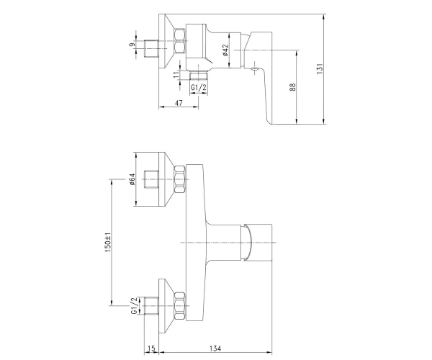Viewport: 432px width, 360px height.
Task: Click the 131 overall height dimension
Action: (x=319, y=68)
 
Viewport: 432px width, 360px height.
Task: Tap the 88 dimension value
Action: (x=292, y=87)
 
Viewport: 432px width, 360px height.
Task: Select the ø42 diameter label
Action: (x=226, y=50)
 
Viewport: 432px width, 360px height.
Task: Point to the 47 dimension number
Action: (x=179, y=103)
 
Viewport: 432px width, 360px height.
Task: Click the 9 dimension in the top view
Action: (x=132, y=45)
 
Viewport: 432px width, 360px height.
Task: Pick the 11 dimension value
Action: (x=176, y=74)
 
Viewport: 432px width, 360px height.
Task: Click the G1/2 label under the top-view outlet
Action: (x=199, y=88)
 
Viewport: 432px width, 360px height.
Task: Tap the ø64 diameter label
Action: (x=132, y=179)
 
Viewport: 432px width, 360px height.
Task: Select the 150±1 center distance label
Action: (x=108, y=243)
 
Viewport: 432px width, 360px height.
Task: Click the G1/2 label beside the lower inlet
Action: (x=134, y=306)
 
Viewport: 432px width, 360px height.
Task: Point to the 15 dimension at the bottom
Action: (x=151, y=348)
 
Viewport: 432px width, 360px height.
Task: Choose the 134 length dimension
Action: (x=215, y=348)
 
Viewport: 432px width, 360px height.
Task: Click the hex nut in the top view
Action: (x=180, y=41)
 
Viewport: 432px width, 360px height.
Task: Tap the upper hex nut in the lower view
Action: (x=180, y=179)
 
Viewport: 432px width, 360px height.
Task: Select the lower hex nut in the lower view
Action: (x=180, y=306)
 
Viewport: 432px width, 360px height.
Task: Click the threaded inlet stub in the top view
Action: (x=151, y=49)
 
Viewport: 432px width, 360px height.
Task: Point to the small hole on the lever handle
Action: (x=253, y=70)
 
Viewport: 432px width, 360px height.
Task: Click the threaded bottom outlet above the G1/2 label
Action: (x=199, y=75)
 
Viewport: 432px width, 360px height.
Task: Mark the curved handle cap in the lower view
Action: (x=246, y=243)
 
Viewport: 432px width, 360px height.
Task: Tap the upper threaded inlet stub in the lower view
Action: (x=151, y=179)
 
